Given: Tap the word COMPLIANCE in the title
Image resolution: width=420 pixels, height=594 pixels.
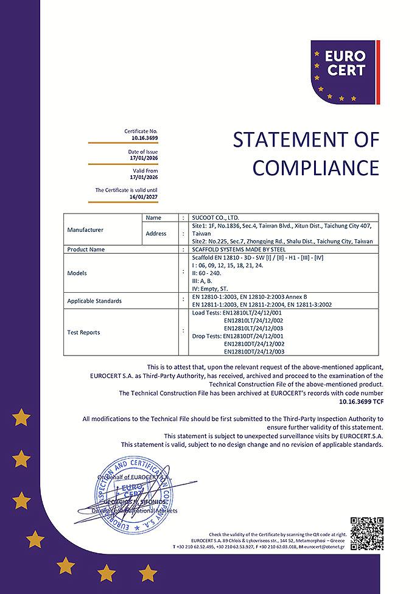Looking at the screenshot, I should (x=315, y=167).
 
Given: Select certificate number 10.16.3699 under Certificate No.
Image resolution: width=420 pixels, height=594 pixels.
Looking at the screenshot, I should (x=145, y=138).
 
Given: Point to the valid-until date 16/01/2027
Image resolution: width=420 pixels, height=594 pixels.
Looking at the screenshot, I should (x=144, y=197).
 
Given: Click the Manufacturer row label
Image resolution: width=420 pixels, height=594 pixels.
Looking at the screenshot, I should (x=85, y=230).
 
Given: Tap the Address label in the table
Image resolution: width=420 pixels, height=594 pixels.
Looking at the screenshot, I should (x=156, y=234).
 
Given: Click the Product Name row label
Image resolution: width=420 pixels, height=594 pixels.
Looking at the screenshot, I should (x=86, y=250).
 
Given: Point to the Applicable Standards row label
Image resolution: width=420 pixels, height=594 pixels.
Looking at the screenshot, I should (x=94, y=301).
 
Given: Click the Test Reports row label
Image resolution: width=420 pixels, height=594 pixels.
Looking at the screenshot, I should (x=83, y=332).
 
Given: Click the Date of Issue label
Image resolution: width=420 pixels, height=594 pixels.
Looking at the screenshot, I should (x=142, y=152).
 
